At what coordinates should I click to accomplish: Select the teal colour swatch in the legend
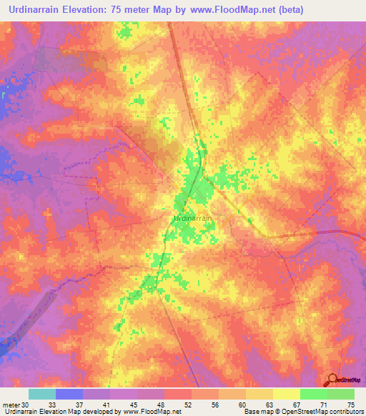(x=42, y=393)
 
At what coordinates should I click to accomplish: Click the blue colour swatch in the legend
(x=69, y=393)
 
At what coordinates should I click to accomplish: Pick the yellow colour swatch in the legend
(x=287, y=393)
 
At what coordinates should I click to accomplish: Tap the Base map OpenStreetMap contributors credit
(x=303, y=412)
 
